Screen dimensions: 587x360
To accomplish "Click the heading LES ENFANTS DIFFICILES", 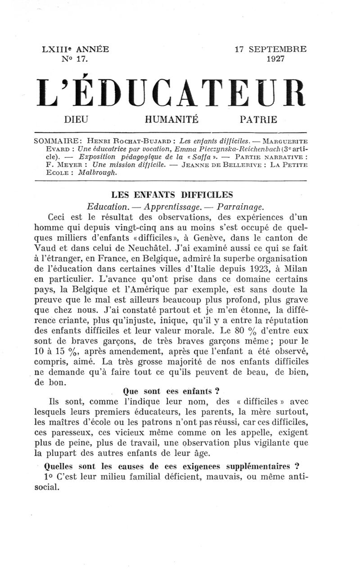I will pos(172,195).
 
